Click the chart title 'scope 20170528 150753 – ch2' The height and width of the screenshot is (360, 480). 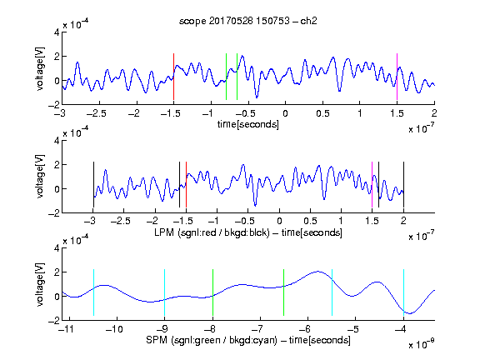click(248, 21)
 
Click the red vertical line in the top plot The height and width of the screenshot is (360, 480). click(173, 77)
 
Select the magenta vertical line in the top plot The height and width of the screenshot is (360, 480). click(397, 77)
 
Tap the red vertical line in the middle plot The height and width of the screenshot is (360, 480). click(186, 185)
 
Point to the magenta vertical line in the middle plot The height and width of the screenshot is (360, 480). click(372, 185)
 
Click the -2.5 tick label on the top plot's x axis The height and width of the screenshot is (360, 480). click(97, 114)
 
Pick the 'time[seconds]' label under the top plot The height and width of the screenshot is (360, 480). click(248, 125)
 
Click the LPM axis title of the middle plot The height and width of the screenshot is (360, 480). click(248, 232)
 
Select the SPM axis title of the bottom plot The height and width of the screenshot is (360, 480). click(248, 340)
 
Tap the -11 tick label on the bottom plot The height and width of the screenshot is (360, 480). click(66, 329)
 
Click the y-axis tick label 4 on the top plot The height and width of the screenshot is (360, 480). click(57, 32)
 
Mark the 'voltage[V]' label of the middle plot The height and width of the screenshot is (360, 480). click(40, 177)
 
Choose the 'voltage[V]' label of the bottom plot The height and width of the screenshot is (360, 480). click(40, 284)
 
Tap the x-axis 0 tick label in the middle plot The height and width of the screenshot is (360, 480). click(279, 221)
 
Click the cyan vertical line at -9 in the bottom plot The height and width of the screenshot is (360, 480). click(165, 292)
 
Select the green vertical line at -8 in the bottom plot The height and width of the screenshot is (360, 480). click(212, 292)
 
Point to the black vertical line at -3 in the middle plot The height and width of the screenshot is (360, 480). click(93, 185)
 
